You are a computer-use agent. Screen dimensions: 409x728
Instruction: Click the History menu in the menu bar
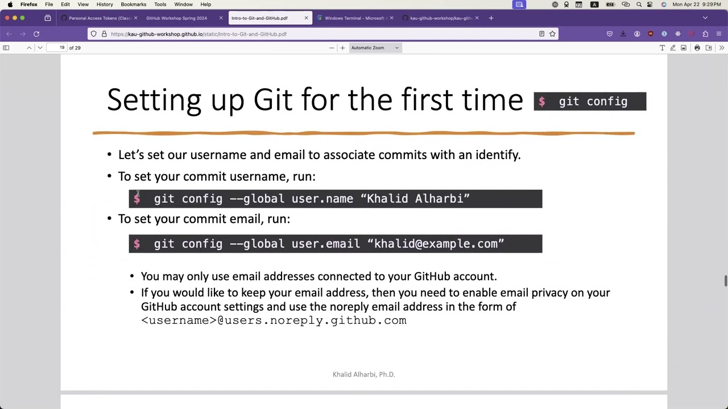[x=105, y=5]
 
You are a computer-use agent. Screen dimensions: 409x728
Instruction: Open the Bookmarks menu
[x=133, y=5]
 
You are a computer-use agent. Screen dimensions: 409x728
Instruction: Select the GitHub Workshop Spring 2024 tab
[x=176, y=18]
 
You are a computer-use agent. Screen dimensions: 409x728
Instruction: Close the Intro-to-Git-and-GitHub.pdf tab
[x=306, y=18]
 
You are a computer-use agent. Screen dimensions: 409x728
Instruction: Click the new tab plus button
[x=491, y=18]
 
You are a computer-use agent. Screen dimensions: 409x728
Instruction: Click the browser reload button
[x=36, y=34]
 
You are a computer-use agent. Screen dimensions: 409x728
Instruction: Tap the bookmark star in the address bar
[x=552, y=34]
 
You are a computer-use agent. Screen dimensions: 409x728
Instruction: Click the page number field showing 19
[x=62, y=48]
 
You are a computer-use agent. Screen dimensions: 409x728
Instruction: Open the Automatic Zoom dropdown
[x=375, y=48]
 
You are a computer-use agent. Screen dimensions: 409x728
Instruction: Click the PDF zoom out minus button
[x=332, y=48]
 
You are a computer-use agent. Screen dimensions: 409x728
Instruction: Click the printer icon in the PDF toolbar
[x=697, y=48]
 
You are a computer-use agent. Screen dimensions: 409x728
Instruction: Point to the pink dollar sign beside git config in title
[x=542, y=102]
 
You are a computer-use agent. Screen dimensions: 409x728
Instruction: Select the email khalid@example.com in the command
[x=436, y=244]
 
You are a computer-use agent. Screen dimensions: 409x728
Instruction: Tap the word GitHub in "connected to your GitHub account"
[x=432, y=277]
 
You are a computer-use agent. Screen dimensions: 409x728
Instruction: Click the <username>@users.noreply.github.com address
[x=274, y=320]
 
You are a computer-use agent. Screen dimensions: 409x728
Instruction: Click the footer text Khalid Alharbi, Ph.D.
[x=363, y=374]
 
